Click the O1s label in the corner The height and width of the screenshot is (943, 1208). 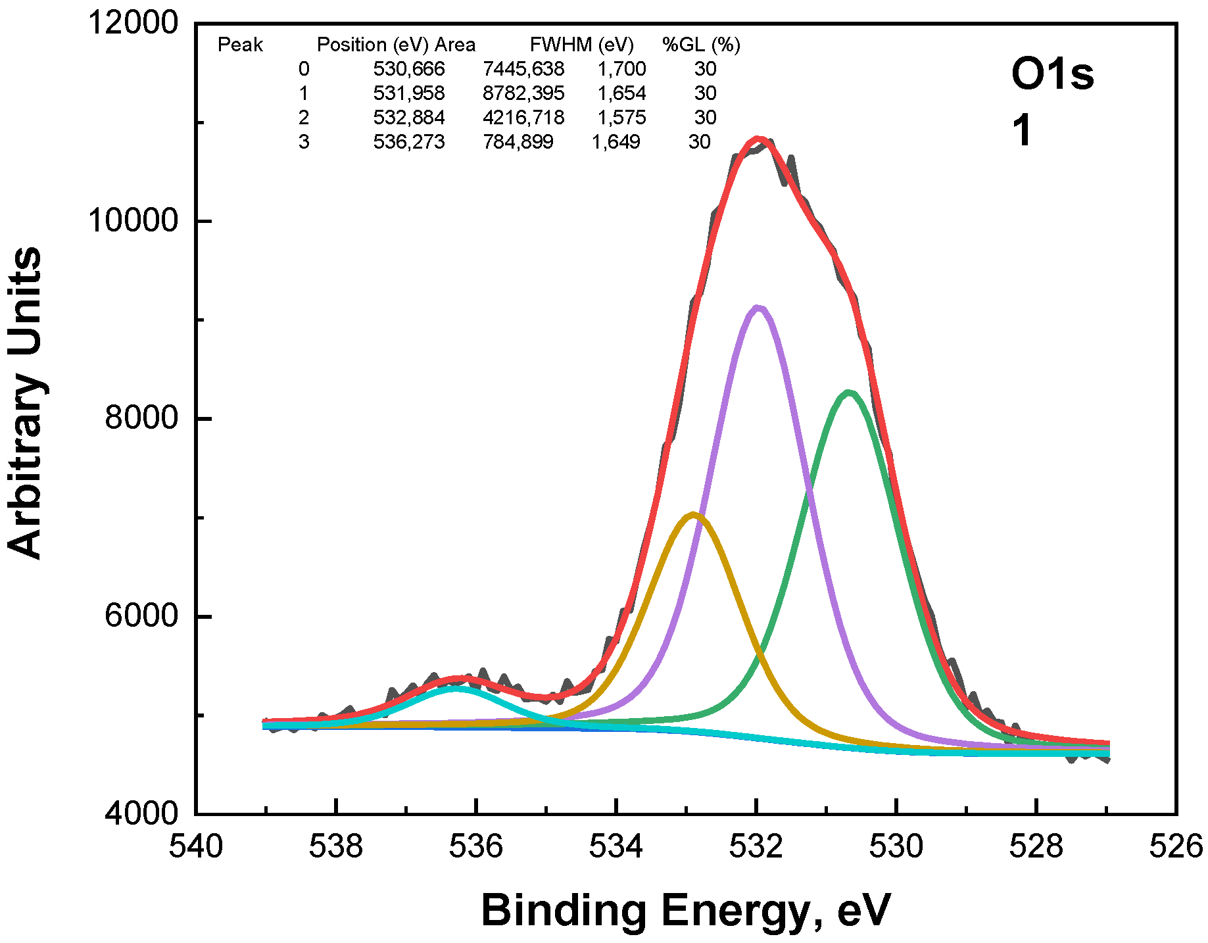pos(1052,74)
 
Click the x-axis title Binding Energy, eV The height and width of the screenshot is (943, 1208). pos(686,911)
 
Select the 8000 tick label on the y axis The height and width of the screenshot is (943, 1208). pos(141,418)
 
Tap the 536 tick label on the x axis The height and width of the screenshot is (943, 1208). pos(475,847)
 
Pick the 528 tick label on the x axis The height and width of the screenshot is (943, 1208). pos(1036,847)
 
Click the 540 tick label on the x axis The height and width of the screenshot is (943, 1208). pos(196,847)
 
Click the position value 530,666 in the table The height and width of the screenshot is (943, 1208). pos(409,69)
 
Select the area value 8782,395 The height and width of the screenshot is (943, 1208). pos(523,93)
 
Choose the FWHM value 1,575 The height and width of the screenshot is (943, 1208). pos(621,118)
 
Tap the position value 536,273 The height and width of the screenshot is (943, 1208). pos(409,142)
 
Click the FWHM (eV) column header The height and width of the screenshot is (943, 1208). pos(582,45)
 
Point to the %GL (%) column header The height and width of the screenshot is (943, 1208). pos(701,45)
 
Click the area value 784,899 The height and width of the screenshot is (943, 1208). pos(518,142)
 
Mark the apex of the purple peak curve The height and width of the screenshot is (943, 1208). pos(758,307)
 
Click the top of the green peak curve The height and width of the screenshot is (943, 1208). pos(848,393)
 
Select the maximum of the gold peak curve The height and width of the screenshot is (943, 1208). pos(693,514)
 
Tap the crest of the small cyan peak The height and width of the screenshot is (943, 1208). pos(456,689)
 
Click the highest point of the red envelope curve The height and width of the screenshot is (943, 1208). pos(759,139)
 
